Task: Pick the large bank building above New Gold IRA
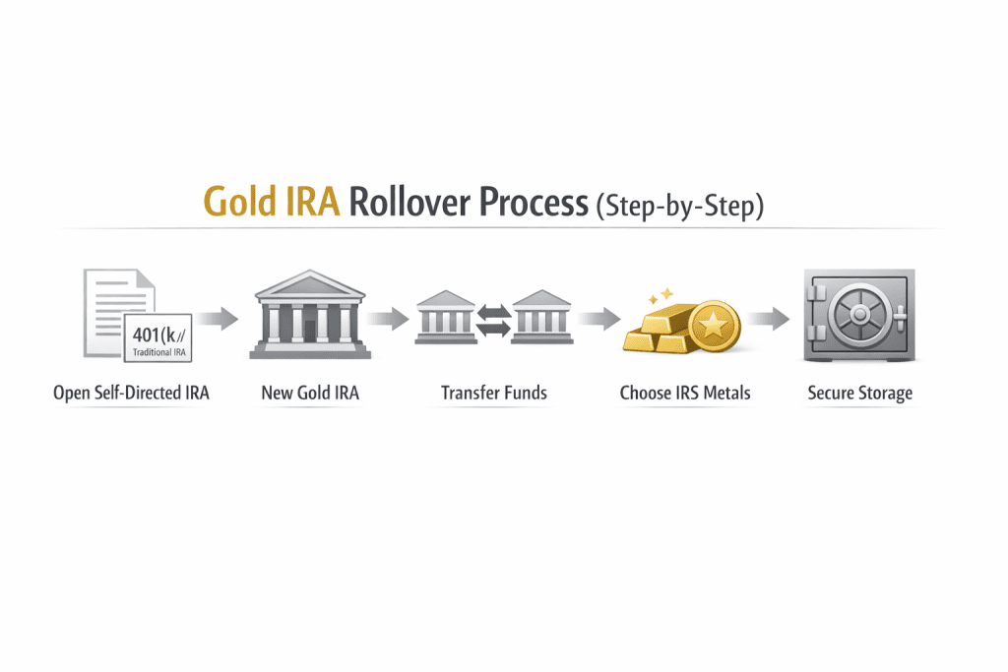pos(310,315)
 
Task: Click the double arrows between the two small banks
pos(492,321)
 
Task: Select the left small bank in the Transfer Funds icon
pos(445,317)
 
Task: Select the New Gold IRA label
pos(310,394)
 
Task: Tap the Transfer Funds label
pos(493,394)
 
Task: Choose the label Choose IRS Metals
pos(685,394)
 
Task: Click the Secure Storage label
pos(859,394)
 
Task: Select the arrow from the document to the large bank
pos(217,318)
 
